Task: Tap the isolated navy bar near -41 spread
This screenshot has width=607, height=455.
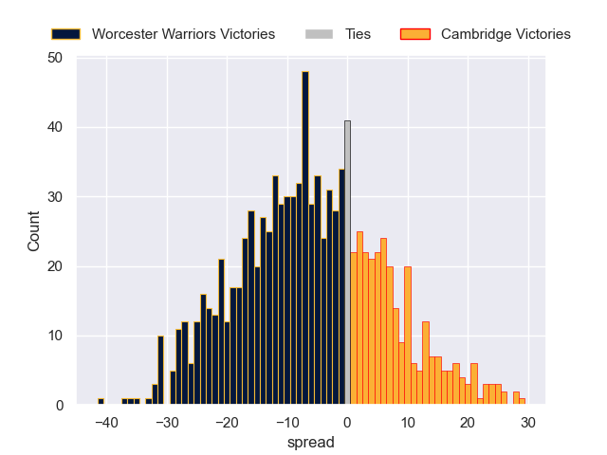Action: click(101, 402)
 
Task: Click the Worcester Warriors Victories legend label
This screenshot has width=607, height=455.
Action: click(183, 34)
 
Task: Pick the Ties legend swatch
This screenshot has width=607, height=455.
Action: click(319, 34)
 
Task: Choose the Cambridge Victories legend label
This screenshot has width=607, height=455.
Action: click(506, 34)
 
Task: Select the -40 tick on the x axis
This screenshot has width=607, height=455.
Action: click(106, 423)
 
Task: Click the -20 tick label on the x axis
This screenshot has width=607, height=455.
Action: click(227, 423)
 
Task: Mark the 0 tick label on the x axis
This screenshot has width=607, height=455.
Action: click(347, 423)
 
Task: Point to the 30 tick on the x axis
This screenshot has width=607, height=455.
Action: click(528, 423)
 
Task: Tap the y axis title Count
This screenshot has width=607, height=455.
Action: click(34, 231)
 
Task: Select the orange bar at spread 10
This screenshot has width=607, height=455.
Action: click(408, 336)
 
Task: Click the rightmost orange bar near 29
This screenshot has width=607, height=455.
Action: click(522, 402)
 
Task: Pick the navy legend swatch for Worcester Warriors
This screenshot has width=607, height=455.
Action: click(65, 34)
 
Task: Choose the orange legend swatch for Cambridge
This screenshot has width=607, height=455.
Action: click(416, 34)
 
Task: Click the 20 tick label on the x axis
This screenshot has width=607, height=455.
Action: click(468, 423)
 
